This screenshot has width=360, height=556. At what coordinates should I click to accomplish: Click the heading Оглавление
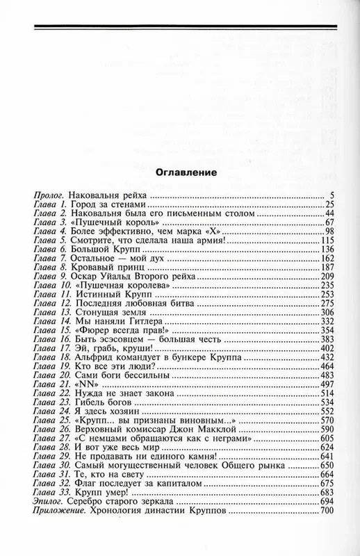tap(179, 171)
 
